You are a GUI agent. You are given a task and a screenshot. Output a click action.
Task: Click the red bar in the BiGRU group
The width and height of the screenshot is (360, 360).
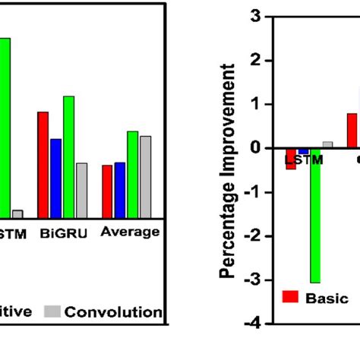[x=43, y=165]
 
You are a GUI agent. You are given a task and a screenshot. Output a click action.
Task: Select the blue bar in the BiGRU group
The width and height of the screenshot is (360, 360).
[x=55, y=178]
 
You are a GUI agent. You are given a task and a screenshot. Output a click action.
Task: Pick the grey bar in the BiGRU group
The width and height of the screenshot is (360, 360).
[x=81, y=190]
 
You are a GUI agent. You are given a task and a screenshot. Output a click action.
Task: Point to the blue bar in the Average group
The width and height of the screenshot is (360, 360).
[x=119, y=190]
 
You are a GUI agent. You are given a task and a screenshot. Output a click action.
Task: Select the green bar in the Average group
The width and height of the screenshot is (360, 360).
[x=132, y=175]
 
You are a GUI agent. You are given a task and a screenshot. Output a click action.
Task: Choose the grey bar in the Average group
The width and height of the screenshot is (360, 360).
[x=145, y=177]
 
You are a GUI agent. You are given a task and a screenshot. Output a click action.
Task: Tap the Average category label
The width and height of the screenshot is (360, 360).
[x=130, y=232]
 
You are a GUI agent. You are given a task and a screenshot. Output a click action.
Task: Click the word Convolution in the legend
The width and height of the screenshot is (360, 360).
[x=113, y=312]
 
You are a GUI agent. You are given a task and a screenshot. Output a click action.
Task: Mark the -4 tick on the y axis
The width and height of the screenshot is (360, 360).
[x=254, y=324]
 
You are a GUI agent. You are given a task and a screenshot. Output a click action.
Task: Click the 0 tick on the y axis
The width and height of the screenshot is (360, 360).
[x=256, y=148]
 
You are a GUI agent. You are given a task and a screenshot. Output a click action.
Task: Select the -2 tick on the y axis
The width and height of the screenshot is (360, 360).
[x=254, y=236]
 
